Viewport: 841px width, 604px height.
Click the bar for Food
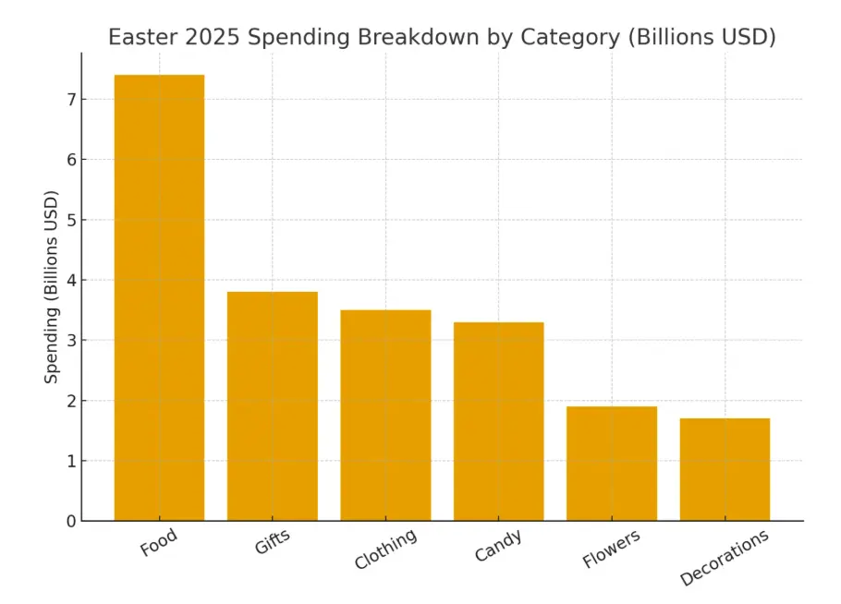pyautogui.click(x=159, y=297)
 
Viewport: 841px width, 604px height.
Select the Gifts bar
pyautogui.click(x=273, y=406)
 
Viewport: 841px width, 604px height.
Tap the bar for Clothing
pyautogui.click(x=385, y=416)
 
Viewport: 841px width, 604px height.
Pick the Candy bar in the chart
pyautogui.click(x=498, y=421)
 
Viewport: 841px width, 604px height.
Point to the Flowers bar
pyautogui.click(x=612, y=464)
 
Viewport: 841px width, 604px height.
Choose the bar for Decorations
pyautogui.click(x=725, y=469)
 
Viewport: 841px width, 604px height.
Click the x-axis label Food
pyautogui.click(x=158, y=543)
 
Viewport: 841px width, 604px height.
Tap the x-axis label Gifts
pyautogui.click(x=272, y=543)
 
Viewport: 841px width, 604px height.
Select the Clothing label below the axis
pyautogui.click(x=384, y=549)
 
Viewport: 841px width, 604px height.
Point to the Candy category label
pyautogui.click(x=497, y=545)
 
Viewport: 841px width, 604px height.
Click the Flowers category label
pyautogui.click(x=611, y=549)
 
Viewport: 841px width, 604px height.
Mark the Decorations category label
pyautogui.click(x=724, y=557)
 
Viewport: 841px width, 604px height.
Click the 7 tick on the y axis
pyautogui.click(x=69, y=99)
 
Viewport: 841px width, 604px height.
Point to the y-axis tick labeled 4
pyautogui.click(x=69, y=280)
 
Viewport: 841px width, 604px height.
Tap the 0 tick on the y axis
pyautogui.click(x=69, y=521)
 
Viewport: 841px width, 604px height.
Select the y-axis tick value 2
pyautogui.click(x=69, y=401)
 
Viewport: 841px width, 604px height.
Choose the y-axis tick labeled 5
pyautogui.click(x=69, y=220)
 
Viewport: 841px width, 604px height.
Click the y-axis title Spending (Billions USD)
pyautogui.click(x=52, y=286)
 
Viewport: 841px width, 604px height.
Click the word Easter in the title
pyautogui.click(x=140, y=38)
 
